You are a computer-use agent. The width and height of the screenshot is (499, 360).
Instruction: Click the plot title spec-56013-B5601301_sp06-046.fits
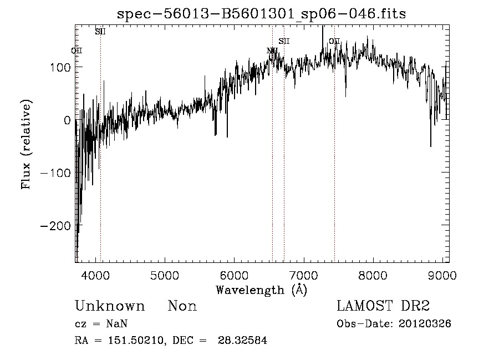[x=261, y=14]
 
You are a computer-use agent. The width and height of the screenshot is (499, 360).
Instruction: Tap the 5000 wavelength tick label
[x=164, y=275]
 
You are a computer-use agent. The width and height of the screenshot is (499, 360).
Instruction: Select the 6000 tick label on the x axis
[x=234, y=275]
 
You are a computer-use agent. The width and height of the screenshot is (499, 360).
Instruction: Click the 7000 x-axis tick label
[x=303, y=275]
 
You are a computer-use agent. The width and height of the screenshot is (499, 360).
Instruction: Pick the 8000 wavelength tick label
[x=373, y=275]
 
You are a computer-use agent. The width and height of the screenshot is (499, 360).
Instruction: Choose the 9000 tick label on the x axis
[x=442, y=275]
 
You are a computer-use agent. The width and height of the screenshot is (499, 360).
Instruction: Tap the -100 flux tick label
[x=54, y=173]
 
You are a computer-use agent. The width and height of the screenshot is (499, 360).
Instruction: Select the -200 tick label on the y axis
[x=54, y=225]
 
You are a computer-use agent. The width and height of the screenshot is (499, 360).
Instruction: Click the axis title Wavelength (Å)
[x=261, y=290]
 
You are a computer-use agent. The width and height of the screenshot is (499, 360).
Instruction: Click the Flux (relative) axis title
[x=26, y=144]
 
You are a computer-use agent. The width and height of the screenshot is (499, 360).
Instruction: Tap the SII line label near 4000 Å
[x=100, y=32]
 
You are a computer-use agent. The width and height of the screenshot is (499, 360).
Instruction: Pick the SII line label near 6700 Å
[x=284, y=41]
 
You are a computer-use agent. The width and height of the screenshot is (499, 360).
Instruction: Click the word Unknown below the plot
[x=110, y=306]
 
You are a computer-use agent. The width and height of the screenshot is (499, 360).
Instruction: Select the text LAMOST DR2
[x=383, y=306]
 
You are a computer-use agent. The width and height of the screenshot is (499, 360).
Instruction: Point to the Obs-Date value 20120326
[x=425, y=324]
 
